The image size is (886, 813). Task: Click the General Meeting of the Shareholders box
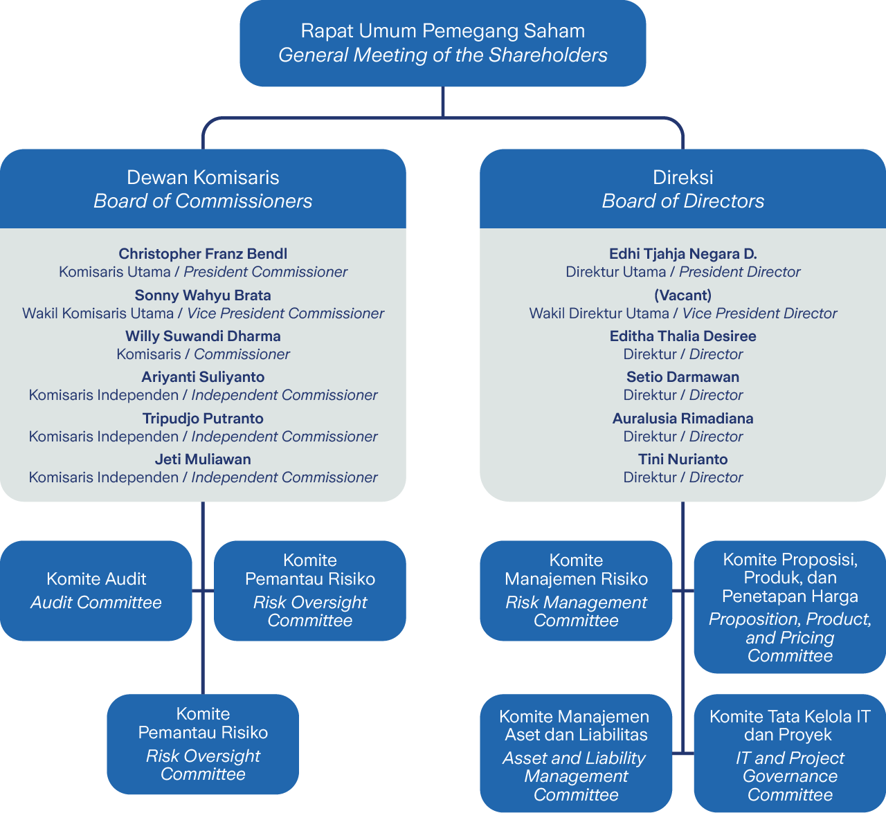(443, 43)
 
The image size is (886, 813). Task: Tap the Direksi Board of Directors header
(682, 189)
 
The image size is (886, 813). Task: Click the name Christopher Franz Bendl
(203, 254)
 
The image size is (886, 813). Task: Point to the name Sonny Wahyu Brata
(203, 295)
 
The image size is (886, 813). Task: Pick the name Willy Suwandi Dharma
(203, 336)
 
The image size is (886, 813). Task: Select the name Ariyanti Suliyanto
(203, 377)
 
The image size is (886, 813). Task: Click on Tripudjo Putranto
(203, 419)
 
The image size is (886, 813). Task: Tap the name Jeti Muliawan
(203, 459)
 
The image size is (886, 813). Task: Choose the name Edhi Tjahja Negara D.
(682, 254)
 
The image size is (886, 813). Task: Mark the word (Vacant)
(682, 295)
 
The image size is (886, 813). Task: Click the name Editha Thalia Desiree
(682, 336)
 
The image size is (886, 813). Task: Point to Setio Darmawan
(682, 377)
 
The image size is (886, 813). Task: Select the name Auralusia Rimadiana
(682, 419)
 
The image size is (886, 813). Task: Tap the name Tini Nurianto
(682, 459)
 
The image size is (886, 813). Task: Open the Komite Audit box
(96, 591)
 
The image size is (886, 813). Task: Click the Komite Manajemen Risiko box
(576, 591)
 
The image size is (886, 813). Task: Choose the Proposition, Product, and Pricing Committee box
(790, 607)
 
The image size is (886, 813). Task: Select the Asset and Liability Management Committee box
(576, 753)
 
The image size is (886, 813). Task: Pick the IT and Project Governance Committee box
(790, 753)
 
